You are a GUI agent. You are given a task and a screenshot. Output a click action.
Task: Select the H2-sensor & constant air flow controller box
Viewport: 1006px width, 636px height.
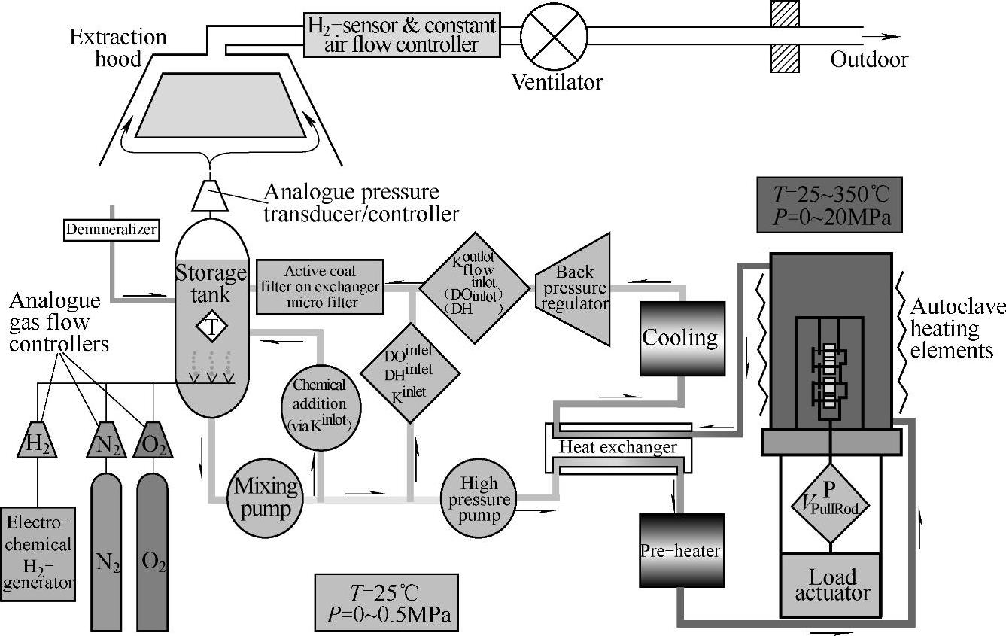pyautogui.click(x=402, y=35)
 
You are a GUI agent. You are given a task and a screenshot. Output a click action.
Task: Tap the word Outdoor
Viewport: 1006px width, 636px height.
pyautogui.click(x=869, y=59)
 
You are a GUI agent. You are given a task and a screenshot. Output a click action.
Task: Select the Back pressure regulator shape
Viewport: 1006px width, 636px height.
pyautogui.click(x=573, y=288)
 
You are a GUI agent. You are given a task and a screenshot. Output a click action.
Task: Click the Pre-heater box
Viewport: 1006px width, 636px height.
pyautogui.click(x=681, y=551)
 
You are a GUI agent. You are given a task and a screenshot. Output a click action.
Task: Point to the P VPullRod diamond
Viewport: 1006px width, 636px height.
pyautogui.click(x=830, y=503)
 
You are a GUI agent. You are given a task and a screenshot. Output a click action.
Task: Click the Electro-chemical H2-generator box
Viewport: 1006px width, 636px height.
pyautogui.click(x=38, y=554)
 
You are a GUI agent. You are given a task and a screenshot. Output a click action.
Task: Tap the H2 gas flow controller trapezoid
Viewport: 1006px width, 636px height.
pyautogui.click(x=37, y=443)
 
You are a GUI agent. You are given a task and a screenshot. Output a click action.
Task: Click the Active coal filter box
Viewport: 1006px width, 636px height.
pyautogui.click(x=320, y=286)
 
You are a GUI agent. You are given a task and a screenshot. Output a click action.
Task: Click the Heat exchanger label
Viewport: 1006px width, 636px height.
pyautogui.click(x=618, y=448)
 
